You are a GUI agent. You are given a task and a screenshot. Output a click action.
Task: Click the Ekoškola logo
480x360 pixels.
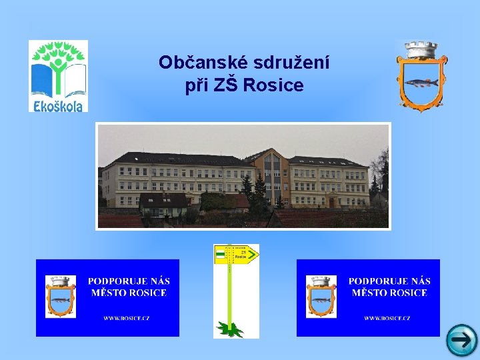click(58, 75)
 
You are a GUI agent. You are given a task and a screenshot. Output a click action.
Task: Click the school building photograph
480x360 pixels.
click(243, 176)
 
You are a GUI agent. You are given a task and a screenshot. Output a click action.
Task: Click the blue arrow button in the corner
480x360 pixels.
click(461, 340)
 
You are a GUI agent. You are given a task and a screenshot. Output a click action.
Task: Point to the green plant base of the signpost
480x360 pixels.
click(231, 328)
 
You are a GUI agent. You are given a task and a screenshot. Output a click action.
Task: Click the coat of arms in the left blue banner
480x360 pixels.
click(61, 297)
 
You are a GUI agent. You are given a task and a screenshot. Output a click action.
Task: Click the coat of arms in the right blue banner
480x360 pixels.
click(321, 297)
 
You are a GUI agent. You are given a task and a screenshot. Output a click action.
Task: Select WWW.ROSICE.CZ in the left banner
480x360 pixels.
click(127, 318)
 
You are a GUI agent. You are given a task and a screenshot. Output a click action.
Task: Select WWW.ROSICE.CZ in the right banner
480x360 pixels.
click(387, 318)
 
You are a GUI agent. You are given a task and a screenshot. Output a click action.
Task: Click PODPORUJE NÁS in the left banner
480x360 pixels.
click(129, 281)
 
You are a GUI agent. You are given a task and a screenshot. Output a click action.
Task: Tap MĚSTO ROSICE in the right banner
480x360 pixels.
click(389, 293)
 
